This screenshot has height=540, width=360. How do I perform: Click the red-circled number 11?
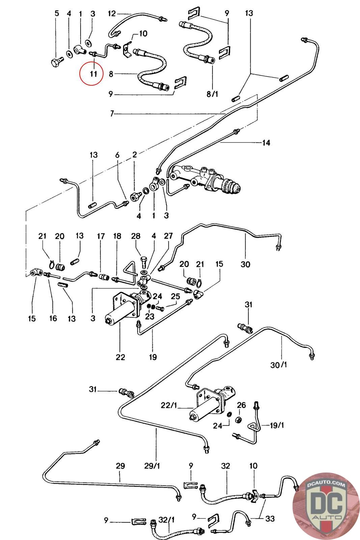click(x=93, y=74)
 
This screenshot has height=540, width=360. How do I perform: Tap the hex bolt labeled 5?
click(x=57, y=62)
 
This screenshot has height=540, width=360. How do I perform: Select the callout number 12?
click(x=112, y=13)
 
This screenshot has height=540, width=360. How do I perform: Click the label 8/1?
click(x=212, y=94)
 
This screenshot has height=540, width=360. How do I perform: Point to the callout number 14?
click(x=266, y=143)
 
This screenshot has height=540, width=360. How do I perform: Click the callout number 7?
click(x=112, y=113)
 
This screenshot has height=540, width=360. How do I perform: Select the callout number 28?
click(x=136, y=236)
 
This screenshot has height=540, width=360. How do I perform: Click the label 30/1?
click(x=278, y=365)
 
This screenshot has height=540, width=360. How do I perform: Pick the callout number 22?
click(x=120, y=357)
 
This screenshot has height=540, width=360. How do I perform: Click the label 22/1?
click(x=169, y=405)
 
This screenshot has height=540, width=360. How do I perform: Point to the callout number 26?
click(x=241, y=405)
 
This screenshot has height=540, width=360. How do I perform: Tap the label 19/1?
click(x=276, y=425)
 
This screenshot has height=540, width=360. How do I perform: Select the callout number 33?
click(x=270, y=518)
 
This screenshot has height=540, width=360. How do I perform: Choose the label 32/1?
click(x=166, y=520)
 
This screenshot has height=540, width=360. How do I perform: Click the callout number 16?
click(x=53, y=318)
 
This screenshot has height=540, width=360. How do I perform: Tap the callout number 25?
click(x=175, y=297)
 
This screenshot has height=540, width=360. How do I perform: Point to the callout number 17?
click(x=101, y=236)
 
